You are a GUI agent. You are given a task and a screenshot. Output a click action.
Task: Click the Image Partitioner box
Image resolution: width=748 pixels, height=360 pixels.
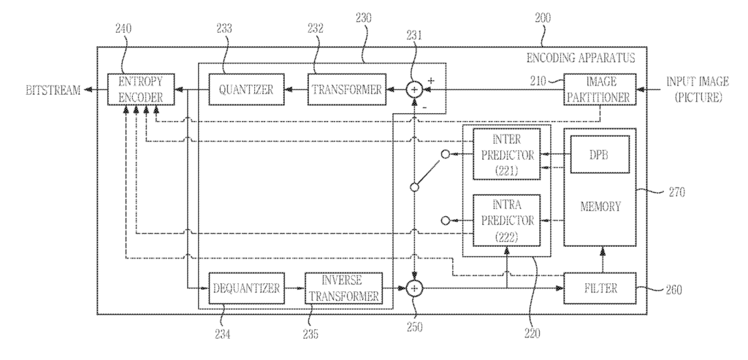pos(600,89)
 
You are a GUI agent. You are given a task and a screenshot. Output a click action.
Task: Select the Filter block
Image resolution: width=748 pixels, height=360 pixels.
pos(600,288)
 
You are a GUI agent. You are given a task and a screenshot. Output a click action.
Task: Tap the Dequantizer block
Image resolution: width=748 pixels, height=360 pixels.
pos(245,288)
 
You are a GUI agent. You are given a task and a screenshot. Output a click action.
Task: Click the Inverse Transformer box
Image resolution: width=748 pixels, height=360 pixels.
pos(343,288)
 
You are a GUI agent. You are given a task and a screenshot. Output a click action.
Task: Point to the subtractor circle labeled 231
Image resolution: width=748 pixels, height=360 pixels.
pos(414,90)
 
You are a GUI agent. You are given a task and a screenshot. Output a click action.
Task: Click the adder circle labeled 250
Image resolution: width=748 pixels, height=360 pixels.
pos(414,288)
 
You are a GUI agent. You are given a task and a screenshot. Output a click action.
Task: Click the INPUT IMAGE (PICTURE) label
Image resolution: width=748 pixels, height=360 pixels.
pos(692,89)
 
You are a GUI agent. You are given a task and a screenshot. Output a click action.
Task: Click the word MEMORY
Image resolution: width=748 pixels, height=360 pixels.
pos(600,207)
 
